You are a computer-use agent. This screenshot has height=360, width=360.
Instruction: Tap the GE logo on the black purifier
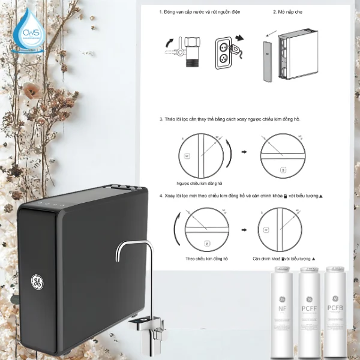[37, 280]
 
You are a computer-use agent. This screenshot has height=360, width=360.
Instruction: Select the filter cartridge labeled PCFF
[309, 310]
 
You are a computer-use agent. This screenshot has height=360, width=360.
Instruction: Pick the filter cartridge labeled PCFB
[337, 310]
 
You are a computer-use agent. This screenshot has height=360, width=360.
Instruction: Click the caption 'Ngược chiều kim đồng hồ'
[197, 182]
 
